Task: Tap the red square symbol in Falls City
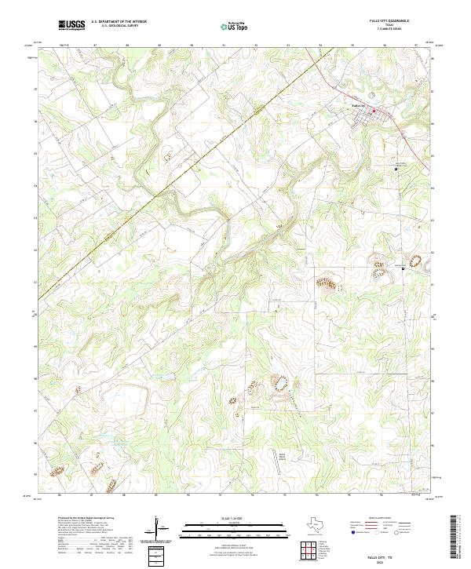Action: point(374,111)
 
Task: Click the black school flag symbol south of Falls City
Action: point(396,169)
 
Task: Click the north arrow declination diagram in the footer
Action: point(159,528)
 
